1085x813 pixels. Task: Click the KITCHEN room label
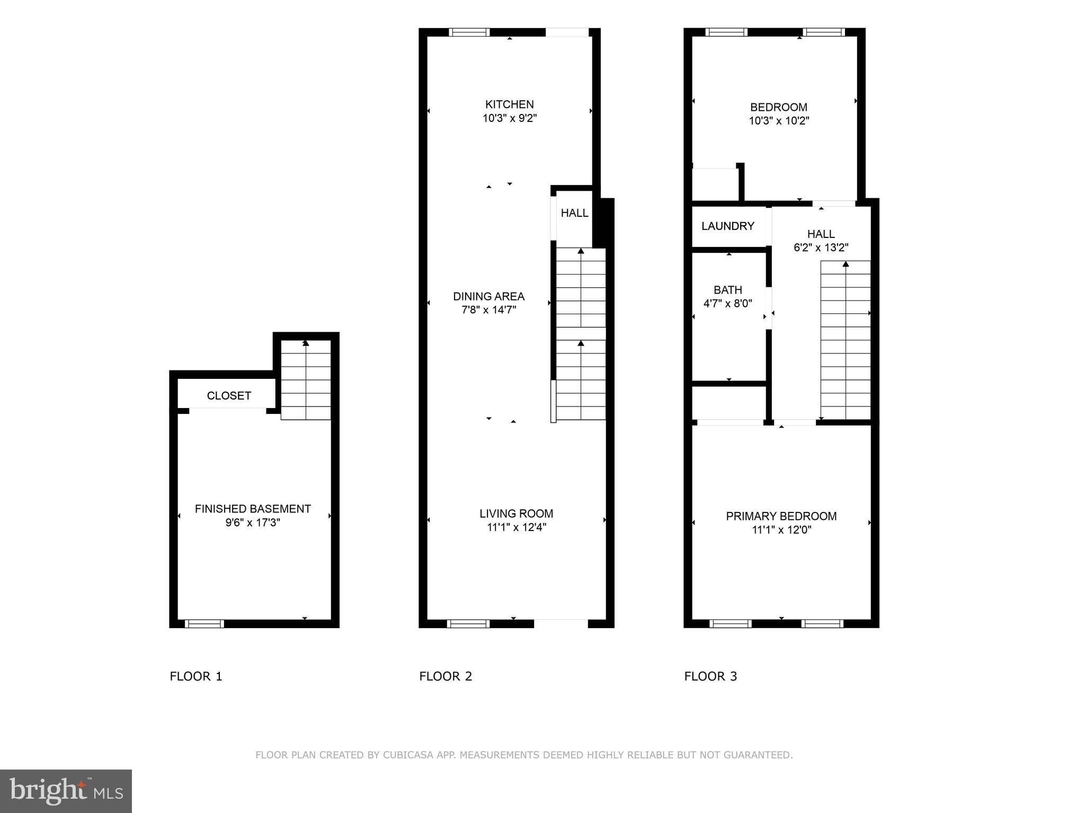tap(509, 104)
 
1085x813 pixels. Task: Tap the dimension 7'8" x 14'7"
tap(488, 310)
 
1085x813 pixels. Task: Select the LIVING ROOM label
tap(516, 514)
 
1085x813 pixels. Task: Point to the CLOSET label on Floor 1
tap(229, 396)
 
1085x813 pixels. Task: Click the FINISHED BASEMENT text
tap(253, 509)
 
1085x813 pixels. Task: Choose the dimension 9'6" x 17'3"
tap(253, 523)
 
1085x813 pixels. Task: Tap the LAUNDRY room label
tap(727, 226)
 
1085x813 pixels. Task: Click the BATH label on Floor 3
tap(727, 290)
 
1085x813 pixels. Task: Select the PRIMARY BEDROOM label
tap(781, 516)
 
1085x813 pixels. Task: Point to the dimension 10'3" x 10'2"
tap(778, 121)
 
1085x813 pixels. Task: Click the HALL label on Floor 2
tap(574, 213)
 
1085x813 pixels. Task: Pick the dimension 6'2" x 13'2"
tap(821, 248)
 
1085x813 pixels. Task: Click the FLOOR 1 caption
tap(196, 676)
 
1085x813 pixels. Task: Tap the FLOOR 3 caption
tap(710, 676)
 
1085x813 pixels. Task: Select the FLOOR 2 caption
tap(446, 676)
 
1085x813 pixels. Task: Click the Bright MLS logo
tap(66, 791)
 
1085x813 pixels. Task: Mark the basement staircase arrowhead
tap(306, 343)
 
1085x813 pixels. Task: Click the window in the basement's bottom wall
tap(204, 624)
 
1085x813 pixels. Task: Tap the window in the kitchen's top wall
tap(469, 32)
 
